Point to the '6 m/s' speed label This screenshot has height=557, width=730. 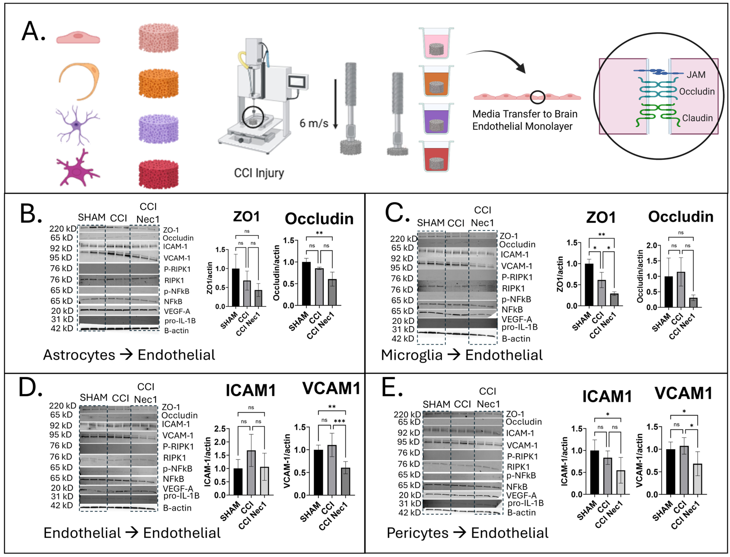[314, 123]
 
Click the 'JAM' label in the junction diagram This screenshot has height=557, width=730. [696, 75]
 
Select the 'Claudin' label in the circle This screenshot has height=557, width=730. [697, 118]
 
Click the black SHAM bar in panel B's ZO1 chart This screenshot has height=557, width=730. [236, 287]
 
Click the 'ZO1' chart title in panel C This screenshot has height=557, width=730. [601, 217]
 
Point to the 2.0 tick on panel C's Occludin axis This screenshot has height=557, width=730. [652, 246]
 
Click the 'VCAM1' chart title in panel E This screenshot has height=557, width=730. [683, 394]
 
